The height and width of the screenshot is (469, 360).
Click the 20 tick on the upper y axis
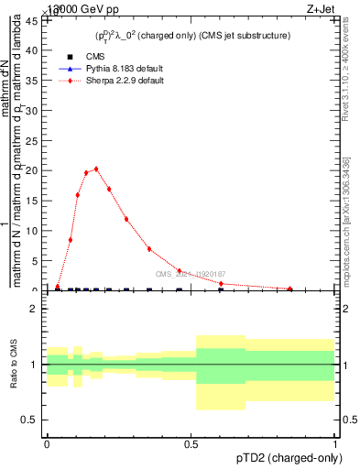[x=35, y=170]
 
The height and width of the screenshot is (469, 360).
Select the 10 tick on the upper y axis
[x=35, y=231]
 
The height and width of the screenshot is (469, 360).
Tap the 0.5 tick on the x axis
[x=191, y=444]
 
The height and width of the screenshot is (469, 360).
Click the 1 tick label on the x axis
[x=334, y=444]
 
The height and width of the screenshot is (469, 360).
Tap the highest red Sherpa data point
[x=96, y=169]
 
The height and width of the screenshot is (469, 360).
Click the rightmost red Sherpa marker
[x=290, y=289]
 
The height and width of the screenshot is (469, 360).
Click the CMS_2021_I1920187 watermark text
[x=190, y=274]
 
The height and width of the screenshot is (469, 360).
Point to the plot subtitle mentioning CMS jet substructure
[x=192, y=36]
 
